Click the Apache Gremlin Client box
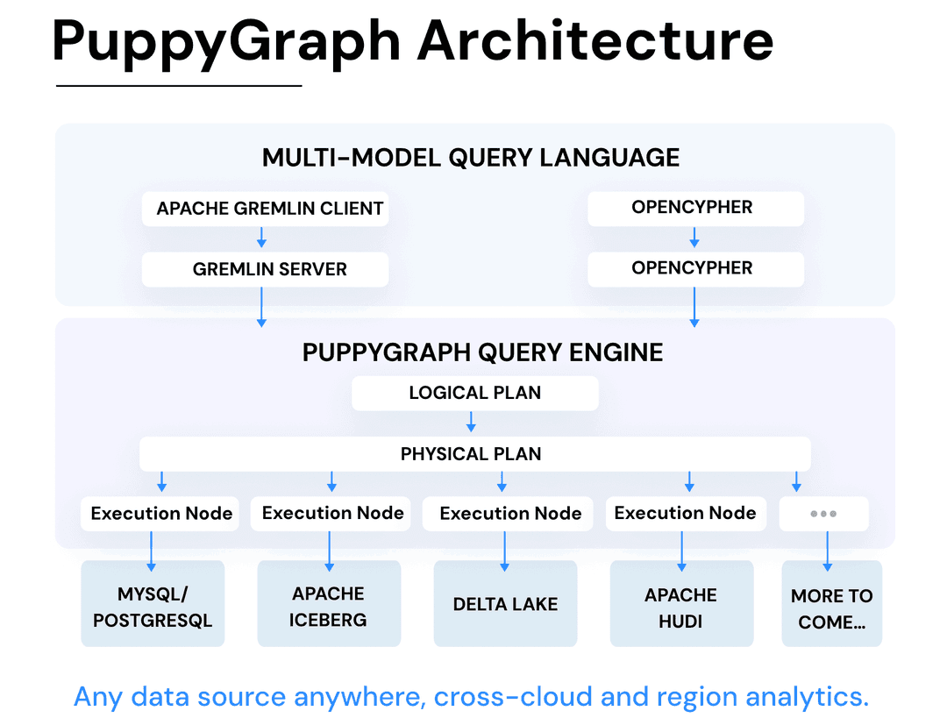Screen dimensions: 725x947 [x=265, y=209]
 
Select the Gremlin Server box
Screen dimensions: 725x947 [x=265, y=269]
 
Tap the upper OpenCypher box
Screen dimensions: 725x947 [x=694, y=208]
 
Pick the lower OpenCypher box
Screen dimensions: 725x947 [x=694, y=268]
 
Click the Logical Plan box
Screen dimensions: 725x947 [x=474, y=393]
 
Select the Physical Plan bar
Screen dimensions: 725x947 [x=474, y=453]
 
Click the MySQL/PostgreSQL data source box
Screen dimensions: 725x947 [x=153, y=607]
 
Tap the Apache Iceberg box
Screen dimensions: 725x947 [x=329, y=607]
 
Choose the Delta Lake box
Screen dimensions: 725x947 [x=505, y=604]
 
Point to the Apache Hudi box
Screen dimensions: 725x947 [x=681, y=607]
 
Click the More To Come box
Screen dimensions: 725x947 [x=831, y=608]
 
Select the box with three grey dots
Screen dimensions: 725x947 [x=823, y=514]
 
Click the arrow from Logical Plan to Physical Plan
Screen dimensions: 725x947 [x=471, y=423]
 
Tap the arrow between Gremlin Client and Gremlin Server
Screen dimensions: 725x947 [x=261, y=238]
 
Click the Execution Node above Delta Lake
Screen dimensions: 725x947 [x=509, y=514]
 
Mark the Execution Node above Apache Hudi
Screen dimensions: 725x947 [x=685, y=513]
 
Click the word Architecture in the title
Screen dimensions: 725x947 [x=595, y=41]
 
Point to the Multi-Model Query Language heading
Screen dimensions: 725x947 [x=471, y=158]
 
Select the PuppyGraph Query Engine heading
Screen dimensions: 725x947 [x=482, y=352]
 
